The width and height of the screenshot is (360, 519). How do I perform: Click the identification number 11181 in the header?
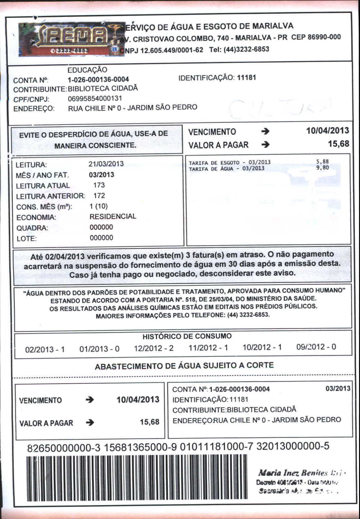[x=247, y=77]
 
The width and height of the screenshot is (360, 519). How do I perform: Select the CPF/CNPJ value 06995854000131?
[x=95, y=98]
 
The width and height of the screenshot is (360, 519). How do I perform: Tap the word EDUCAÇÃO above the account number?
[x=87, y=70]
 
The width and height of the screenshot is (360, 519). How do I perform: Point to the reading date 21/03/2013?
[x=106, y=164]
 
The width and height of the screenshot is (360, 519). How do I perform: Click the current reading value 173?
[x=99, y=185]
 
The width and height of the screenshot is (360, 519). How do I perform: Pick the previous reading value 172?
[x=99, y=196]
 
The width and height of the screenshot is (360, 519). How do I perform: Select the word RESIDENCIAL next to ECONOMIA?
[x=113, y=216]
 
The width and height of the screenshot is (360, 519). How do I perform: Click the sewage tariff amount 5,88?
[x=322, y=162]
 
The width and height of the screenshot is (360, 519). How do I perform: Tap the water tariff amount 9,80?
[x=322, y=167]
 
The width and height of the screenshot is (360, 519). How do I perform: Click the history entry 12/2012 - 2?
[x=154, y=348]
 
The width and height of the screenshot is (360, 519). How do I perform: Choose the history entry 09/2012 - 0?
[x=316, y=347]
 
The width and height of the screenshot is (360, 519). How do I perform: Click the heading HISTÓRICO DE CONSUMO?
[x=187, y=336]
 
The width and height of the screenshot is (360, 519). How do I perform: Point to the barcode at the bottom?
[x=137, y=477]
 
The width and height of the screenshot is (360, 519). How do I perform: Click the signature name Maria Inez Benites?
[x=292, y=473]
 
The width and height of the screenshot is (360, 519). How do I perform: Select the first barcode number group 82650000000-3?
[x=64, y=448]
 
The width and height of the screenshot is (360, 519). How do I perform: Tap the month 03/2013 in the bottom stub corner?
[x=338, y=388]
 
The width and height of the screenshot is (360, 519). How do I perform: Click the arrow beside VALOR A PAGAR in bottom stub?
[x=90, y=422]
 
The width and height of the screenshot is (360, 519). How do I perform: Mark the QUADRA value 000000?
[x=101, y=227]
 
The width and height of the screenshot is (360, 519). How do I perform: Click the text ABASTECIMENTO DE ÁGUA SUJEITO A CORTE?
[x=184, y=366]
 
